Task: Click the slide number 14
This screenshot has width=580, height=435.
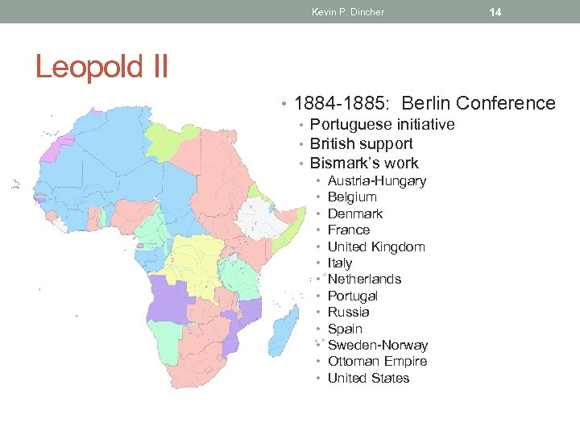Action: point(495,12)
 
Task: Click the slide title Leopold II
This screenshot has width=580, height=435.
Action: point(101,66)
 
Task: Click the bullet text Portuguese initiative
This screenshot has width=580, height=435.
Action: point(382,124)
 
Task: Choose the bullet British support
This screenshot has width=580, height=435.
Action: point(361,143)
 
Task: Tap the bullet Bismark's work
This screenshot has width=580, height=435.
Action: point(364,163)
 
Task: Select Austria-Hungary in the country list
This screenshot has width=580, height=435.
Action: point(376,180)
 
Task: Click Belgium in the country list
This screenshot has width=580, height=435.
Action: point(352,197)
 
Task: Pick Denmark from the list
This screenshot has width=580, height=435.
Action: point(354,213)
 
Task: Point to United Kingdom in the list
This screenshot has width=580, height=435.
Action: point(376,246)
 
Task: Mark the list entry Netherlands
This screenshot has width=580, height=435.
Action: point(364,279)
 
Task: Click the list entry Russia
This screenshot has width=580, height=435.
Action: point(348,312)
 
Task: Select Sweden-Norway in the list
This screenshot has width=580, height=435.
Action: point(378,345)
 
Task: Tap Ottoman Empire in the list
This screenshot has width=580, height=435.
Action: point(377,361)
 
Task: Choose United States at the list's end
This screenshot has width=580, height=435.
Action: point(368,378)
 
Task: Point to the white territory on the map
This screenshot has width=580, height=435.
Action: point(257,216)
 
